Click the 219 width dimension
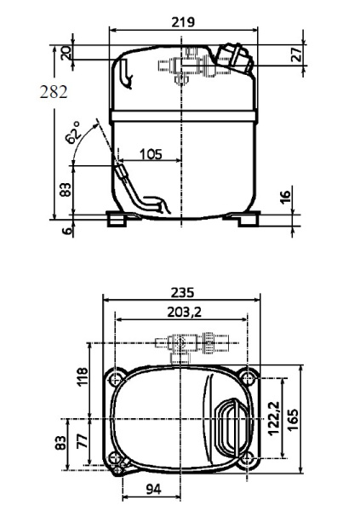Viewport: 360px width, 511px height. (183, 22)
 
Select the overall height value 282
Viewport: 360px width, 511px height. (54, 92)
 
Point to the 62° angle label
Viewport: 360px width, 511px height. (72, 132)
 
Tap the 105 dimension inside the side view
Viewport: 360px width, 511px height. (151, 154)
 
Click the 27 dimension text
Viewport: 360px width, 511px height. (296, 55)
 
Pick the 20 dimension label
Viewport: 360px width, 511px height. (66, 53)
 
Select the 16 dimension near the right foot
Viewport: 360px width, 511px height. (285, 198)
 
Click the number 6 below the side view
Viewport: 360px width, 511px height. (67, 231)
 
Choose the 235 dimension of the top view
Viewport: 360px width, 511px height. (182, 292)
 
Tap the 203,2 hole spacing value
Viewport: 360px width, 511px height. (185, 312)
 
